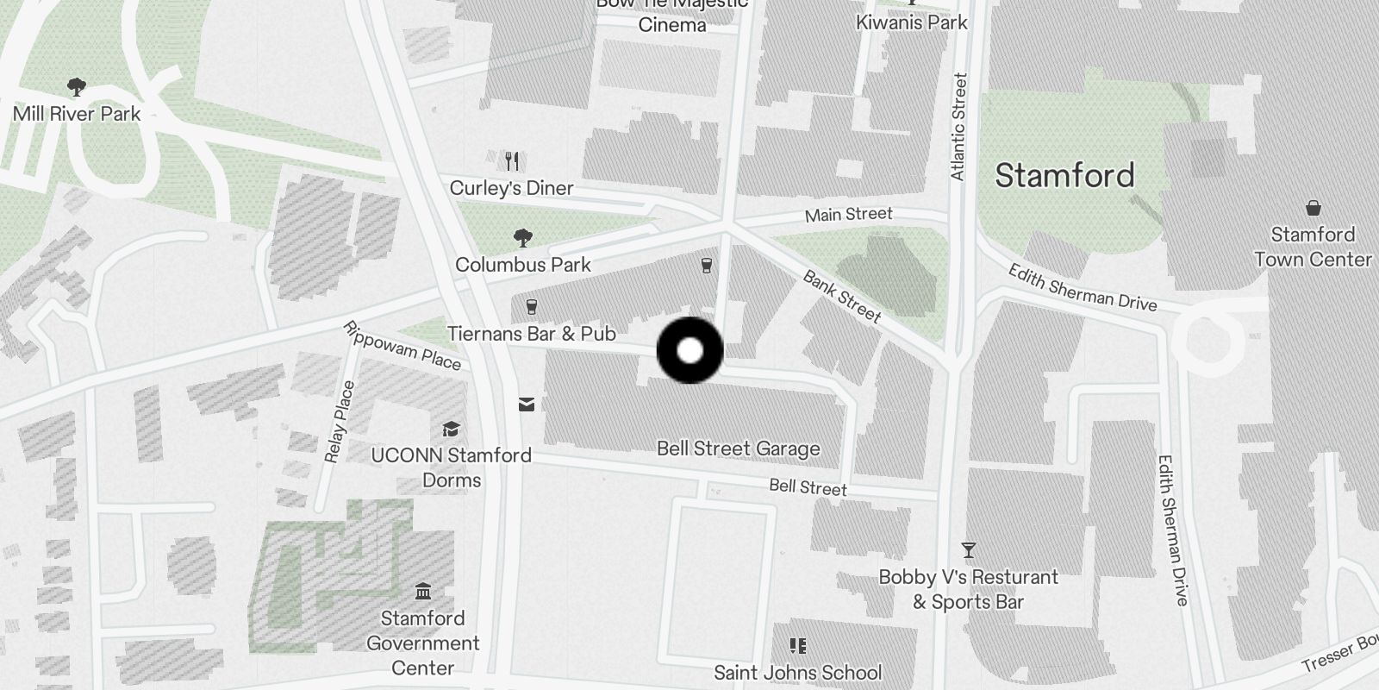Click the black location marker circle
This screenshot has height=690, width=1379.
[x=689, y=350]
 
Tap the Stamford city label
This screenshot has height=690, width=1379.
[x=1064, y=176]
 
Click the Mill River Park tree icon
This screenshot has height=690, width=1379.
[x=77, y=86]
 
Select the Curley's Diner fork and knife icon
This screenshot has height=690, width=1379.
[x=513, y=160]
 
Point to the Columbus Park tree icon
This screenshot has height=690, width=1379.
[x=522, y=238]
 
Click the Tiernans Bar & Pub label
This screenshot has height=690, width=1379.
[x=531, y=334]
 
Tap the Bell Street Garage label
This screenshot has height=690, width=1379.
[x=738, y=448]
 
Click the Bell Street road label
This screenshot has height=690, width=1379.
[x=808, y=487]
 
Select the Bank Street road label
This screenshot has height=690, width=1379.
[x=842, y=297]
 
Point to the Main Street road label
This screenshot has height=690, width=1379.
[x=848, y=214]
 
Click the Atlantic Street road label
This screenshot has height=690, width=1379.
[x=958, y=127]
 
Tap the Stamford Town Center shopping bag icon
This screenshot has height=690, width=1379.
[x=1313, y=208]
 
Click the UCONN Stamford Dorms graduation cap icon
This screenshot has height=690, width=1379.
[x=451, y=430]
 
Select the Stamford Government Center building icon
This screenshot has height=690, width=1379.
[x=422, y=592]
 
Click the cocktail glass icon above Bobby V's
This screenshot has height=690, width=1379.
[x=969, y=549]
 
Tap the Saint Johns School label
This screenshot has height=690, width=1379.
[x=798, y=672]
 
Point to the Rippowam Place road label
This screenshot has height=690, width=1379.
[x=402, y=345]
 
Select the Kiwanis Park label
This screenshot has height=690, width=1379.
[x=911, y=22]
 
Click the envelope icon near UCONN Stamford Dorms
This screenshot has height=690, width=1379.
[x=526, y=405]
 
